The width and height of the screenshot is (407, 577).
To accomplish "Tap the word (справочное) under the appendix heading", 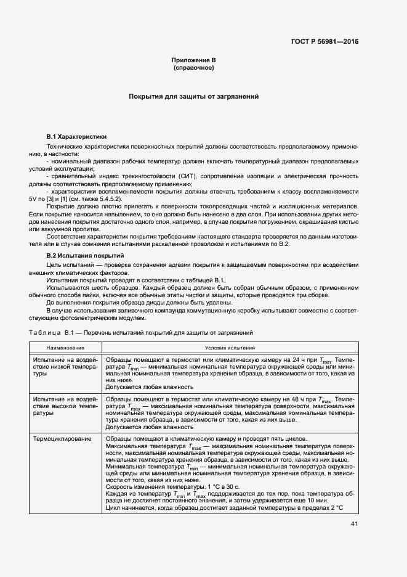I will tap(194, 67).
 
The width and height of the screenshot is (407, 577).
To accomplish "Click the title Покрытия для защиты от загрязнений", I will tap(193, 97).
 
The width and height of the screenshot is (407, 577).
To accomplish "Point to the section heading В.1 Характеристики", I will tap(77, 136).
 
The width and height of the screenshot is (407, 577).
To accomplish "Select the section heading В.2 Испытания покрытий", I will tap(86, 255).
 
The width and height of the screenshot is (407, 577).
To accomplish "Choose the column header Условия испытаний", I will tap(225, 348).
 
